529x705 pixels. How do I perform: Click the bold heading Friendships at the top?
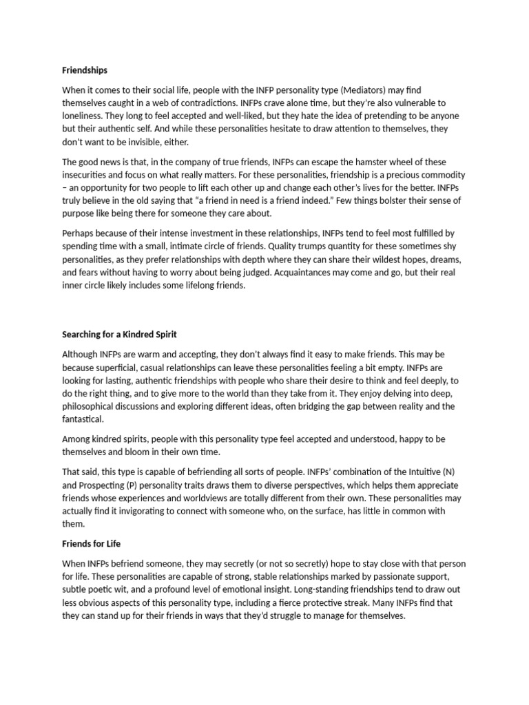[85, 70]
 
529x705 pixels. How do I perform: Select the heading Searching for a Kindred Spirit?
[119, 335]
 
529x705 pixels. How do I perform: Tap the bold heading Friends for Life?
[92, 544]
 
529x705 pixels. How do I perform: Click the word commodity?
[438, 176]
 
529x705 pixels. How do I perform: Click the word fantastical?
[83, 419]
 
